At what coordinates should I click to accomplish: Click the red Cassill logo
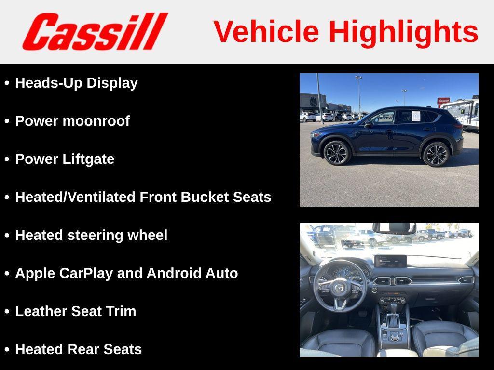click(x=95, y=31)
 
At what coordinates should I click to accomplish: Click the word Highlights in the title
click(x=403, y=32)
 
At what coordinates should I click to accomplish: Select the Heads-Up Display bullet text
click(x=76, y=83)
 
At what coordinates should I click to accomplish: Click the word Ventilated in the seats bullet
click(x=105, y=197)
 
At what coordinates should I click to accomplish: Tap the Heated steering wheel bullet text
click(x=91, y=235)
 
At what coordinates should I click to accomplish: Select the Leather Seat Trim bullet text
click(x=75, y=311)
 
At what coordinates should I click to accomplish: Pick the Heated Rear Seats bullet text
click(x=78, y=349)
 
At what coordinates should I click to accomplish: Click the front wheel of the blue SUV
click(x=336, y=153)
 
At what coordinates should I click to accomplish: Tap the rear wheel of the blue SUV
click(x=436, y=154)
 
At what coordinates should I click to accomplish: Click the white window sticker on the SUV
click(x=416, y=116)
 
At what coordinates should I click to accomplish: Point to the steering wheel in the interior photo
click(x=340, y=288)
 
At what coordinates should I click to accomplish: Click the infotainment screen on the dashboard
click(x=390, y=261)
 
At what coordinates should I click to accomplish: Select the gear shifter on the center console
click(x=394, y=318)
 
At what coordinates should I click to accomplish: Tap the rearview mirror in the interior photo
click(x=394, y=227)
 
